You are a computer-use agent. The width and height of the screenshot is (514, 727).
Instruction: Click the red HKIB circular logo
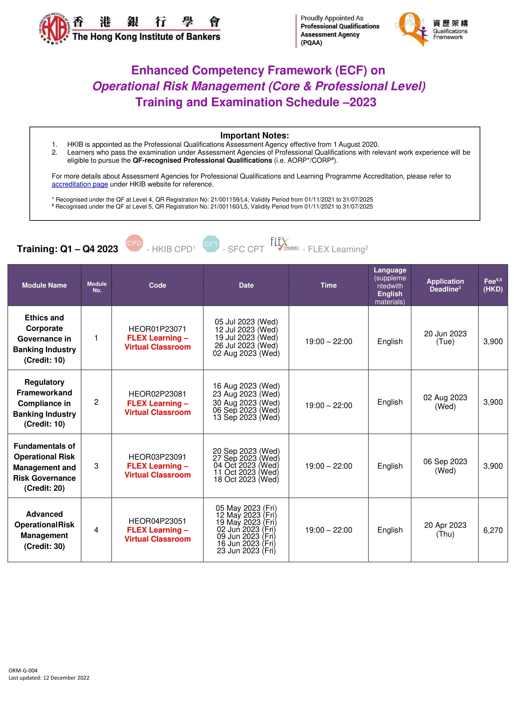54,29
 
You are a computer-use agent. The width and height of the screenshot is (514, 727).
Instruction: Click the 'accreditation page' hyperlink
80,184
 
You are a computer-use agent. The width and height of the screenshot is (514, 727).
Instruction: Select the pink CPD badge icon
134,243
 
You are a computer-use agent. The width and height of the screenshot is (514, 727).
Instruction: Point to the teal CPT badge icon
211,243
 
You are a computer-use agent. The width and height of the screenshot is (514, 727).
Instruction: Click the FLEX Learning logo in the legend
284,244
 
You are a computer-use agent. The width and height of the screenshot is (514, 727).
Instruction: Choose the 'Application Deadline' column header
445,285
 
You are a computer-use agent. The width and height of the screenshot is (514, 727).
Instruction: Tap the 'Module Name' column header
44,285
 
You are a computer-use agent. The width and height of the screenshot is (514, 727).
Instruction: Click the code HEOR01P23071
157,329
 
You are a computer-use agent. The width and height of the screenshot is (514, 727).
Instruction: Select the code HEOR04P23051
157,521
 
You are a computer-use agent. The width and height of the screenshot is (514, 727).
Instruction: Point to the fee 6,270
493,530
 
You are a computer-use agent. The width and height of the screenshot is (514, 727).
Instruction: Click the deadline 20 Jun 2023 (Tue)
445,338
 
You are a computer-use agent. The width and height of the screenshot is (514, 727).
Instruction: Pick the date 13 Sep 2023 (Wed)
246,417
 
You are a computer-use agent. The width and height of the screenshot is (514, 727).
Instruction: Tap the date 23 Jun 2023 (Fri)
246,551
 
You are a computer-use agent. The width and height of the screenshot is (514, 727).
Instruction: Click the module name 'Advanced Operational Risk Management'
44,530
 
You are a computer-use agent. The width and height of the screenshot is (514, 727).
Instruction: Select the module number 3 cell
96,466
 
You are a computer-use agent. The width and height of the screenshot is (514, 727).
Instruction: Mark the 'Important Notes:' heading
255,135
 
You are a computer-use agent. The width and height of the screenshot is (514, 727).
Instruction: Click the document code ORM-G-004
23,670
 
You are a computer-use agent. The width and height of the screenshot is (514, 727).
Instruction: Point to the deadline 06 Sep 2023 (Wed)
445,466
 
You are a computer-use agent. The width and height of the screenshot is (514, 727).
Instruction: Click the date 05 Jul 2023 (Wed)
246,322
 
